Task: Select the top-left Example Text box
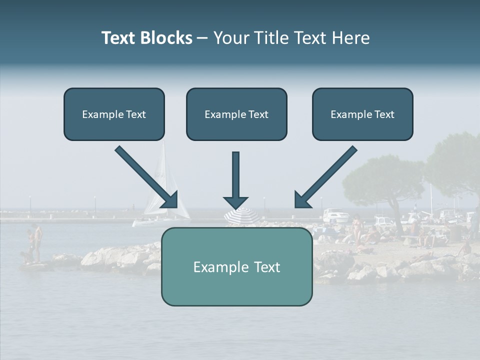(114, 114)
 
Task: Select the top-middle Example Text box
(236, 114)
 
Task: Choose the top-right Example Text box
(362, 114)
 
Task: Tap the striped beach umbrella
(241, 216)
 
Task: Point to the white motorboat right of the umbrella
(335, 216)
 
